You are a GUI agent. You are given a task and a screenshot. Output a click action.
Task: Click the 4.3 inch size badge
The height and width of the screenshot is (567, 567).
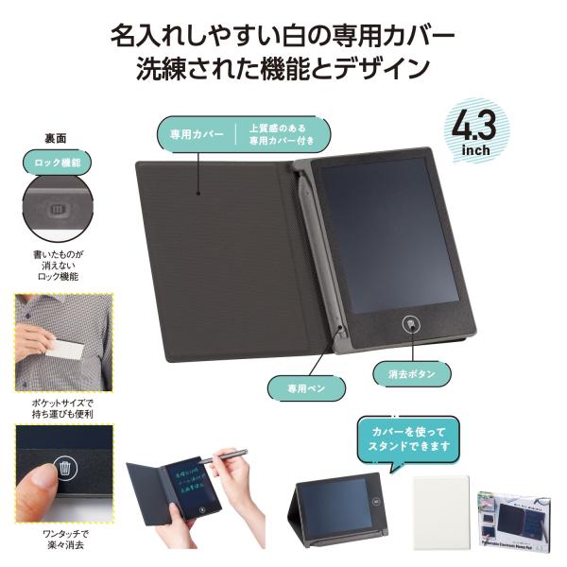(x=480, y=131)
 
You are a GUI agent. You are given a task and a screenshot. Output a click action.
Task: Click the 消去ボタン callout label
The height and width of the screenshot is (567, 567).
(x=411, y=373)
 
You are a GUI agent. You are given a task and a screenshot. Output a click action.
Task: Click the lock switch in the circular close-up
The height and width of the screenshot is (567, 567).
(x=59, y=211)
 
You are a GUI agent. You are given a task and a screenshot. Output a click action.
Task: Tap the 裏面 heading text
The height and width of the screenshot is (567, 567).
(x=56, y=138)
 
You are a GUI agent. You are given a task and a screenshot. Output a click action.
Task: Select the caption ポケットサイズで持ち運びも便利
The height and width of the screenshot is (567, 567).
(x=63, y=408)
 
